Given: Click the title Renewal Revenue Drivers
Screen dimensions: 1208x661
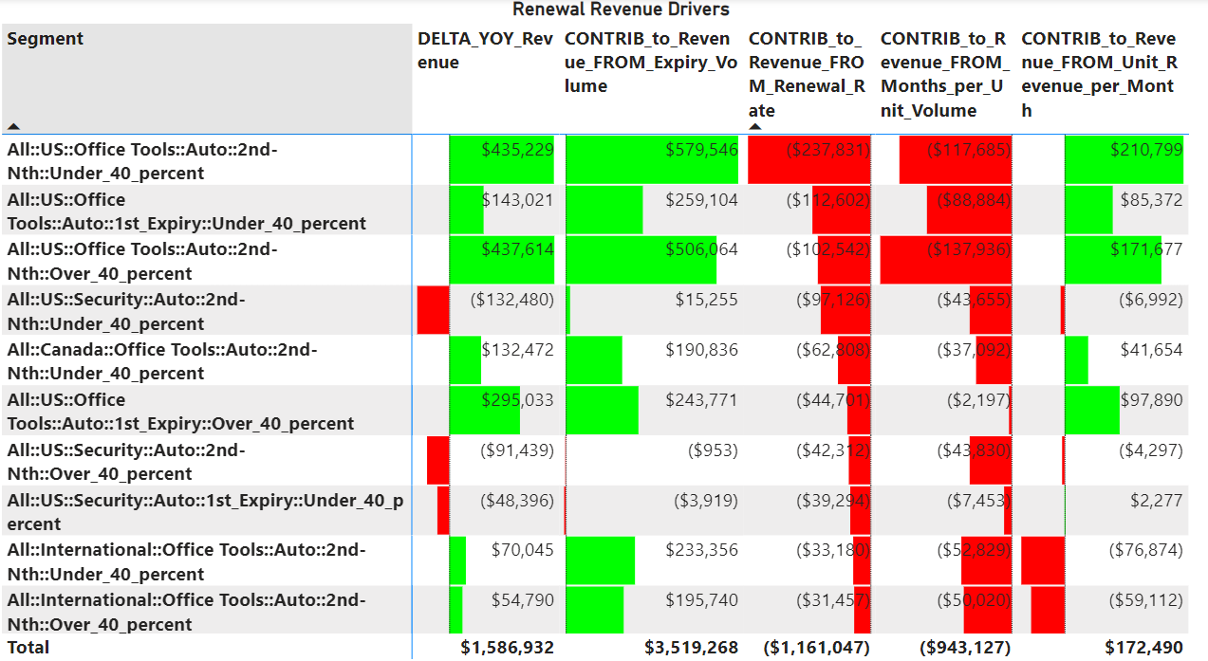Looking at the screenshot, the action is click(621, 9).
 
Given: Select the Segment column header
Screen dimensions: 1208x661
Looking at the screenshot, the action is click(46, 39).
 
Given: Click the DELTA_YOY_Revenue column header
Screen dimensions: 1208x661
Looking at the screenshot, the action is click(485, 50).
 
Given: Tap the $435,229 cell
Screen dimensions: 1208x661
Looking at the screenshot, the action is click(518, 149).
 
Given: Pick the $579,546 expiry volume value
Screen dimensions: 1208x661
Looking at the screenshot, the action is click(701, 149).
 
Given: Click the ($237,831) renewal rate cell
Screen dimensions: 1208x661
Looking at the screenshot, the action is click(828, 149).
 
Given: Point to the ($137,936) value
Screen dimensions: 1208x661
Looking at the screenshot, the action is click(969, 249).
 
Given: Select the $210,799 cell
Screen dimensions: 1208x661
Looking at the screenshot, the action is click(1146, 149).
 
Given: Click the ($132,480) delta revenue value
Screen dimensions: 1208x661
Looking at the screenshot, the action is click(511, 300).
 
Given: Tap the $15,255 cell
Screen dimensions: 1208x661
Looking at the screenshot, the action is click(706, 300).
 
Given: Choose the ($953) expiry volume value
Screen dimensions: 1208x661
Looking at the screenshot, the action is click(713, 450).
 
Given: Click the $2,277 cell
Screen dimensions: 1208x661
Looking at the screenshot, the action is click(1157, 501).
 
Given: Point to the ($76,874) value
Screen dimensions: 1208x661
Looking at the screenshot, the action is click(1146, 550).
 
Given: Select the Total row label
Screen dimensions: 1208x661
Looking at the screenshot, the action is click(28, 647).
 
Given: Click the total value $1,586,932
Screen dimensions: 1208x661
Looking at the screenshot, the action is click(508, 647).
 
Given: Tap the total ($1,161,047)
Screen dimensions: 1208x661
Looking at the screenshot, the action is click(816, 647).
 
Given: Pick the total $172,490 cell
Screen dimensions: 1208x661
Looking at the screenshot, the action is click(1143, 647).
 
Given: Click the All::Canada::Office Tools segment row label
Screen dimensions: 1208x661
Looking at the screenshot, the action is click(162, 361).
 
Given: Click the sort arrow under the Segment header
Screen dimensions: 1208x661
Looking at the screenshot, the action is click(13, 127).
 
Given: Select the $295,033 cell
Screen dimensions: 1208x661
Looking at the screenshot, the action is click(518, 400).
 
